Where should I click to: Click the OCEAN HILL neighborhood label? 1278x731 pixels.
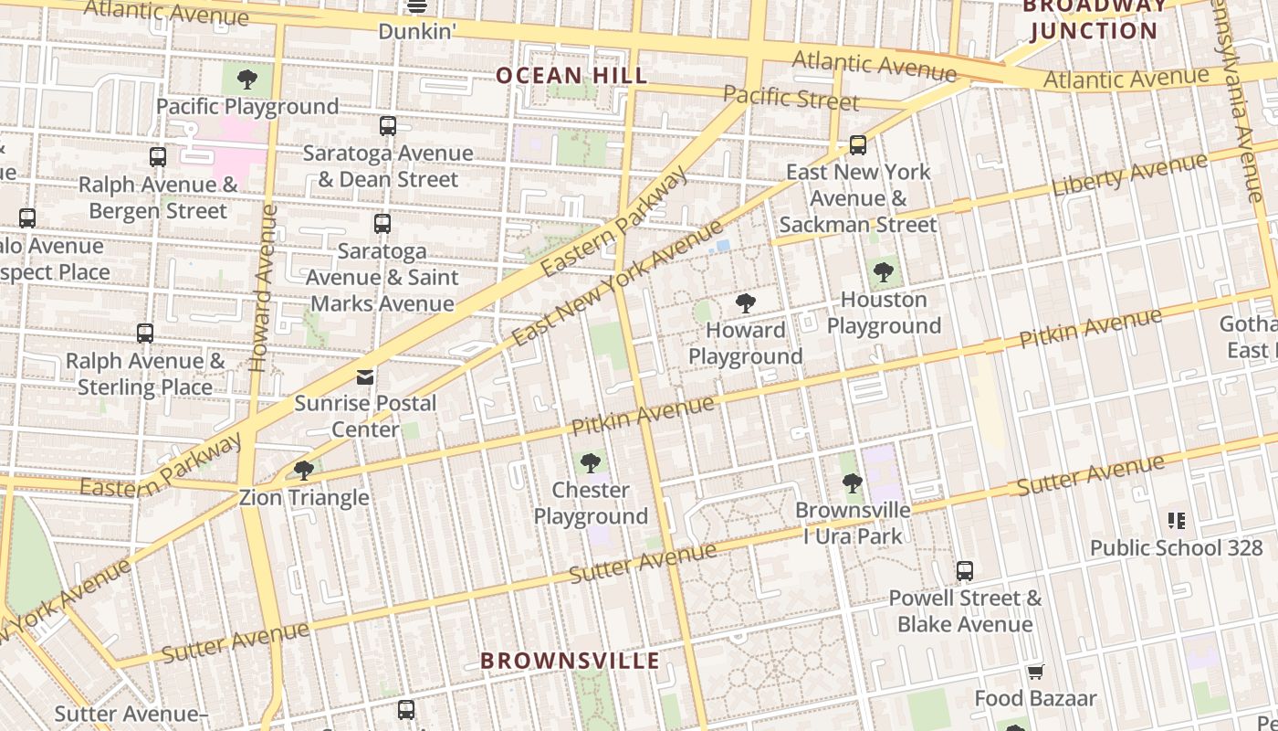571,75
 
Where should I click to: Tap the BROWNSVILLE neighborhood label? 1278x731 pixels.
570,660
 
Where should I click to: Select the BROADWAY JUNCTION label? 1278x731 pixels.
1094,18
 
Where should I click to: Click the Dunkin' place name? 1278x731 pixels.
417,31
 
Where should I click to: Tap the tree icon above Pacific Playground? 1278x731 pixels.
246,79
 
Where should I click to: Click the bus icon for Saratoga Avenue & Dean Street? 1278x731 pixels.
388,126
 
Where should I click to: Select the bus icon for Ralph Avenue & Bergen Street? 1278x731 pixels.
158,157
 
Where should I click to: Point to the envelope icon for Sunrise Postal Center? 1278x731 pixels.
365,376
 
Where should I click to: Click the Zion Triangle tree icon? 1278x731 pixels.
303,471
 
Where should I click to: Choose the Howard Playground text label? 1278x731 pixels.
746,343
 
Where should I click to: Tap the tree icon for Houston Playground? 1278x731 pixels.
883,272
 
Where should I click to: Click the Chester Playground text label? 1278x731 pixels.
591,503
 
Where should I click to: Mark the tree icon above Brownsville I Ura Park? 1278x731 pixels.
853,483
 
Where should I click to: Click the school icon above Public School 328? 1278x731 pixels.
1177,521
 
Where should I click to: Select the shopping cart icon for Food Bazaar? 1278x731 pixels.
1035,673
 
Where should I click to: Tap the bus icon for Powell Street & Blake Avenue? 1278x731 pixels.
965,571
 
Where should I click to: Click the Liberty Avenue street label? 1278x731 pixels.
1129,175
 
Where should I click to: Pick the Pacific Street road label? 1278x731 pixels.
790,96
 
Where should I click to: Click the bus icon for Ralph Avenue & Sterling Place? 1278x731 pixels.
145,334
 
